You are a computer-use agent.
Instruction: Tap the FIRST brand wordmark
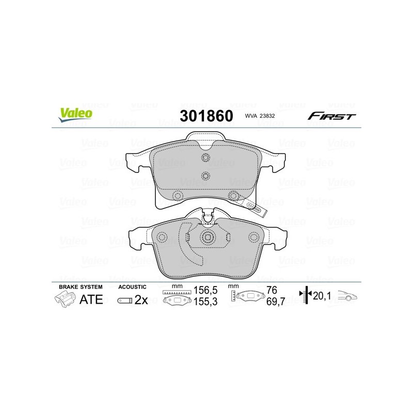click(x=331, y=116)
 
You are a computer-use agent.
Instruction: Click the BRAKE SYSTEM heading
click(x=81, y=287)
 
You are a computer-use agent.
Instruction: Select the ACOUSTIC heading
click(x=133, y=287)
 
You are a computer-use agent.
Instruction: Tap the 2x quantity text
click(x=141, y=300)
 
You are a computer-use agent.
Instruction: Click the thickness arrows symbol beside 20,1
click(x=307, y=296)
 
